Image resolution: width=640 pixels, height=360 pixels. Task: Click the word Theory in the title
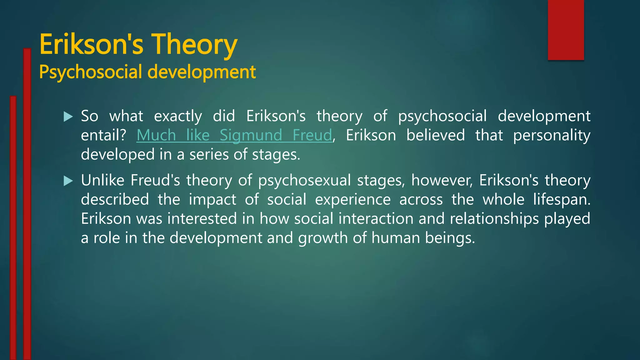click(194, 44)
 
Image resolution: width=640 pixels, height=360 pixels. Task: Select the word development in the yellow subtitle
click(202, 72)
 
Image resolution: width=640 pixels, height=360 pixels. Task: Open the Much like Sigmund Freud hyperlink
click(234, 135)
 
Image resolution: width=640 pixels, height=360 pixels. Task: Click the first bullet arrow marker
click(68, 117)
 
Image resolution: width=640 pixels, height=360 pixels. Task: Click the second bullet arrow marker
click(68, 181)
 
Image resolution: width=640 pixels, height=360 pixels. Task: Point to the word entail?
click(103, 135)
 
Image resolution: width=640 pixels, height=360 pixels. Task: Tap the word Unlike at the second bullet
click(103, 180)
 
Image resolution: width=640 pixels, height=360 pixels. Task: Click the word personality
click(552, 135)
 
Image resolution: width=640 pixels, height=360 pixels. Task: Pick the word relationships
click(494, 218)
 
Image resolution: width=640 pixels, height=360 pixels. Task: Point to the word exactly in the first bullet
click(178, 116)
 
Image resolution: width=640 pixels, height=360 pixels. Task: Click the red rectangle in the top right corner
click(566, 30)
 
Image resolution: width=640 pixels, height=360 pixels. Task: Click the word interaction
click(376, 218)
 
